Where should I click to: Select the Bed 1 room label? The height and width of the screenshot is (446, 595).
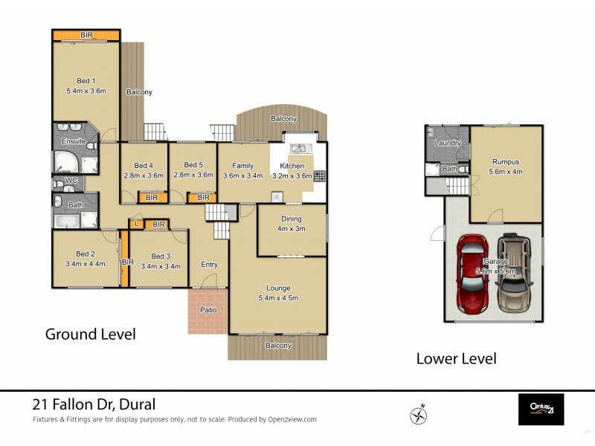(86, 81)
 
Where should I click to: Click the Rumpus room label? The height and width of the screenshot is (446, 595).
(505, 161)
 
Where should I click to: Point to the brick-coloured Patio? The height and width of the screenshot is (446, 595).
(208, 310)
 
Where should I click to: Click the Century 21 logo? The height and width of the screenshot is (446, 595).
(541, 409)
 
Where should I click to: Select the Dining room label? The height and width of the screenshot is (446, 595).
(291, 219)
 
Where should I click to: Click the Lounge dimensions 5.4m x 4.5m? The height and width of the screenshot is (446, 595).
(278, 298)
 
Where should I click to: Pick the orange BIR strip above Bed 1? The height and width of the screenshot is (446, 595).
(86, 35)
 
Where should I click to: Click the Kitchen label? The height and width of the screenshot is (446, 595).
(292, 166)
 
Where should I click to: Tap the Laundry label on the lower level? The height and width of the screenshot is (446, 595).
(448, 143)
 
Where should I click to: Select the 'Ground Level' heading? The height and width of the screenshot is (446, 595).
(91, 334)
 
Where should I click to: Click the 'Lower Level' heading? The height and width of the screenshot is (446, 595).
(455, 358)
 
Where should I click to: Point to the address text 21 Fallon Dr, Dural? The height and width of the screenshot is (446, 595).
(94, 404)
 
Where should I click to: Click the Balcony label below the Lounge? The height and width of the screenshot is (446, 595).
(278, 346)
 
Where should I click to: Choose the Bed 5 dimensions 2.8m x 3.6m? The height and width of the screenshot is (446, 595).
(193, 175)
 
